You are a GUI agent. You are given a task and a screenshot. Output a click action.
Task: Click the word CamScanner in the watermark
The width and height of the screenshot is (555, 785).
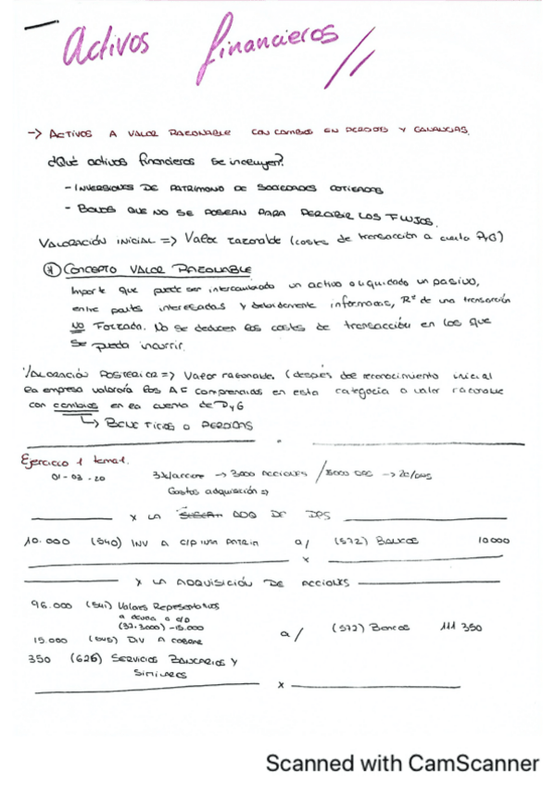coord(473,764)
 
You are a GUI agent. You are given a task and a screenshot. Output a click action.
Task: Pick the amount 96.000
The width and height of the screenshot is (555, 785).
coord(51,607)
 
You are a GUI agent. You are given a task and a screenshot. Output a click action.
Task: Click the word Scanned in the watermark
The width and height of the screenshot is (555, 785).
coord(309,764)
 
